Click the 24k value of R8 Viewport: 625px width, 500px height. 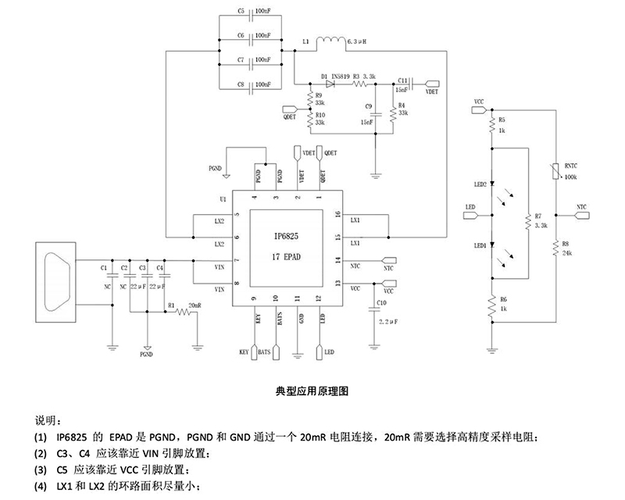566,254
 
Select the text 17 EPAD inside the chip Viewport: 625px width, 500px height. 287,256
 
